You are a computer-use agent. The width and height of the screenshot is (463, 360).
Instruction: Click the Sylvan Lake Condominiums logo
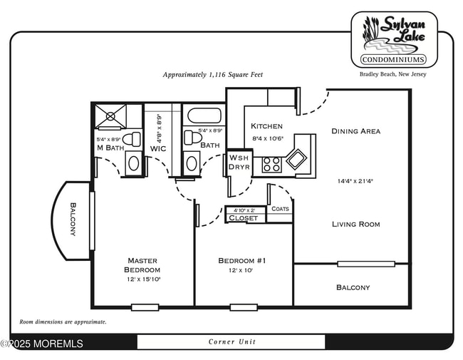click(x=394, y=38)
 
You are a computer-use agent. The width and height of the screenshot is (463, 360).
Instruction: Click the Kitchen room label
click(x=266, y=126)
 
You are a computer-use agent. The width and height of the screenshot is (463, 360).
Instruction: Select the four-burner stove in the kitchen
click(x=271, y=164)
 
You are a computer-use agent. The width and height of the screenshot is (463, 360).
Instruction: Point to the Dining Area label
click(x=355, y=131)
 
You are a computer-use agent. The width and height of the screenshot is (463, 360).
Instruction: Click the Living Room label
click(x=355, y=224)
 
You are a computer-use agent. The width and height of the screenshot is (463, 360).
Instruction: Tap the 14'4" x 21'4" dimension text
click(x=355, y=181)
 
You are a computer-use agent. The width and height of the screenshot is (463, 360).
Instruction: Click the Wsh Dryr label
click(x=239, y=163)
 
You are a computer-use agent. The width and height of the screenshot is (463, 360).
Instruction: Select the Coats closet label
click(x=280, y=209)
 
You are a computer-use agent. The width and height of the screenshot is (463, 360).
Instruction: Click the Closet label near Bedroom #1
click(x=244, y=218)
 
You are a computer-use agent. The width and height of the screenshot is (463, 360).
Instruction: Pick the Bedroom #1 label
click(x=242, y=261)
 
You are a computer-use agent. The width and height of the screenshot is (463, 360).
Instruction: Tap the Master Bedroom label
click(x=142, y=265)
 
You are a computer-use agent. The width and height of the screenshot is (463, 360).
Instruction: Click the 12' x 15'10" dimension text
click(x=142, y=279)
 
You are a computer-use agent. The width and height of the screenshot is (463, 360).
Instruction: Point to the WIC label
click(x=158, y=148)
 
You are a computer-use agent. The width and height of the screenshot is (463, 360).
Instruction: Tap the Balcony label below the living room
click(x=353, y=287)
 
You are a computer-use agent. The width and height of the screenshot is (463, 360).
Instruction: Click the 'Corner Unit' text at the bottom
click(x=231, y=341)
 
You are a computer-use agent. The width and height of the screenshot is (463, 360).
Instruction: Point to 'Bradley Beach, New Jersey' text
click(x=392, y=74)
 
